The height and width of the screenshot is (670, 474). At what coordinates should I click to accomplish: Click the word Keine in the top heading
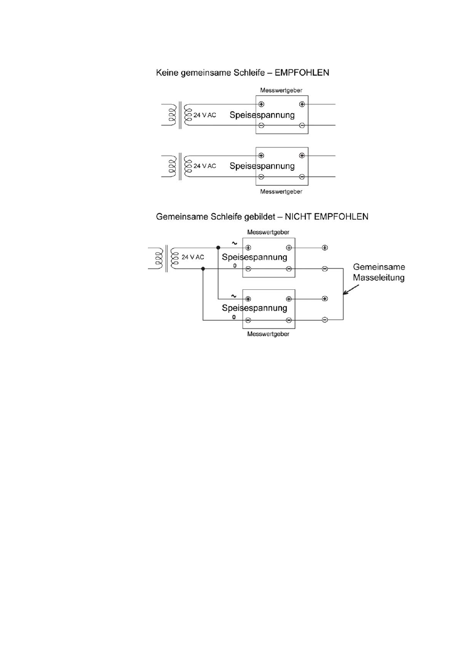click(x=167, y=72)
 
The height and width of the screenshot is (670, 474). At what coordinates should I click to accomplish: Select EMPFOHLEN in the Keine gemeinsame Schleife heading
click(x=302, y=72)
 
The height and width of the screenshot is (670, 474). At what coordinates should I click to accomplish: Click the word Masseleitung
click(x=379, y=277)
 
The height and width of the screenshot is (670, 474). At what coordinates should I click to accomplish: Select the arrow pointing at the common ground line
click(x=351, y=289)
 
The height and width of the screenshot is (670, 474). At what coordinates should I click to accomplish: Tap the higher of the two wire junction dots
click(x=218, y=247)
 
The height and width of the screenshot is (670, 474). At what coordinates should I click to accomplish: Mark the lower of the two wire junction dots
click(x=203, y=269)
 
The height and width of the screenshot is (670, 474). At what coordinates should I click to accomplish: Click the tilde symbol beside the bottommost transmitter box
click(x=234, y=296)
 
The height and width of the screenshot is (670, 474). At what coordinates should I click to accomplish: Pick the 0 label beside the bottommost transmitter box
click(x=234, y=317)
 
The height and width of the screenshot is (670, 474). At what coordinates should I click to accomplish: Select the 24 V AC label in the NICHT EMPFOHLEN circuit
click(x=193, y=257)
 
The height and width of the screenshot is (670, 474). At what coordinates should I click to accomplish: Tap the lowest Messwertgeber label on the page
click(x=268, y=334)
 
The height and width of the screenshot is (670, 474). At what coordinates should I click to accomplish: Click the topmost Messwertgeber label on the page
click(x=281, y=90)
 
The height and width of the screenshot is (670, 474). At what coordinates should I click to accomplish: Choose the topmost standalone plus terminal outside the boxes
click(x=325, y=248)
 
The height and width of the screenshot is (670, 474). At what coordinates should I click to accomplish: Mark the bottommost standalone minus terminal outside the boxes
click(x=325, y=320)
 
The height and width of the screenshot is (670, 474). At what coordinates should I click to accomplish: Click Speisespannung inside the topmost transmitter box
click(x=262, y=115)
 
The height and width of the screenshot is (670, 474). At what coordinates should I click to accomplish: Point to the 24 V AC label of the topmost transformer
click(x=205, y=115)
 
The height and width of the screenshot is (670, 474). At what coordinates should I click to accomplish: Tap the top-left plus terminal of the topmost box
click(x=262, y=104)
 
